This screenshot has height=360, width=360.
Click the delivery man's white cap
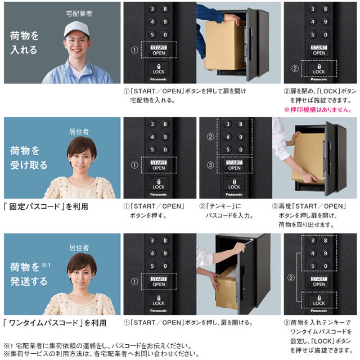(x=76, y=28)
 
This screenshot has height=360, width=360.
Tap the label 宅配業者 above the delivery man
(x=79, y=13)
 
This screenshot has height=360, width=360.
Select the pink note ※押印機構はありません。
(x=318, y=110)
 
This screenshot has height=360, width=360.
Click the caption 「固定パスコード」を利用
(x=46, y=206)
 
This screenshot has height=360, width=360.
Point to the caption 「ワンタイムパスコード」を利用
(x=55, y=323)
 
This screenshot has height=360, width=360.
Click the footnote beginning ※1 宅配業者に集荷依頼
(x=97, y=346)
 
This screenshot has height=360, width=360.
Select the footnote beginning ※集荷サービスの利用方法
(x=101, y=354)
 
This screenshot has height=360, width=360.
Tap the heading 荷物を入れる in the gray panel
(x=24, y=43)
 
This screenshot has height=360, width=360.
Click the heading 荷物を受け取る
(x=29, y=158)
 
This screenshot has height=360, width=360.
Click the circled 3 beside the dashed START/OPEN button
(x=210, y=165)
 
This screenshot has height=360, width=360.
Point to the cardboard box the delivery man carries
(x=224, y=45)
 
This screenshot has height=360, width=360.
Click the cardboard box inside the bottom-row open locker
(x=226, y=290)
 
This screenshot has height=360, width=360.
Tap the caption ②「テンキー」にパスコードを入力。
(x=226, y=211)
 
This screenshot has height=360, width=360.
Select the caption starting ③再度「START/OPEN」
(x=309, y=215)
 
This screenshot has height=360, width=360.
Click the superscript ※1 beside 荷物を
(x=46, y=265)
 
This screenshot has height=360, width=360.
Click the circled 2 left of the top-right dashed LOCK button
(x=295, y=69)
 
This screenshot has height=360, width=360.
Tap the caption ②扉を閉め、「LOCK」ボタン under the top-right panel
(x=320, y=96)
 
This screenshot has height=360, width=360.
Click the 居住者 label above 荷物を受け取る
(x=79, y=132)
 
